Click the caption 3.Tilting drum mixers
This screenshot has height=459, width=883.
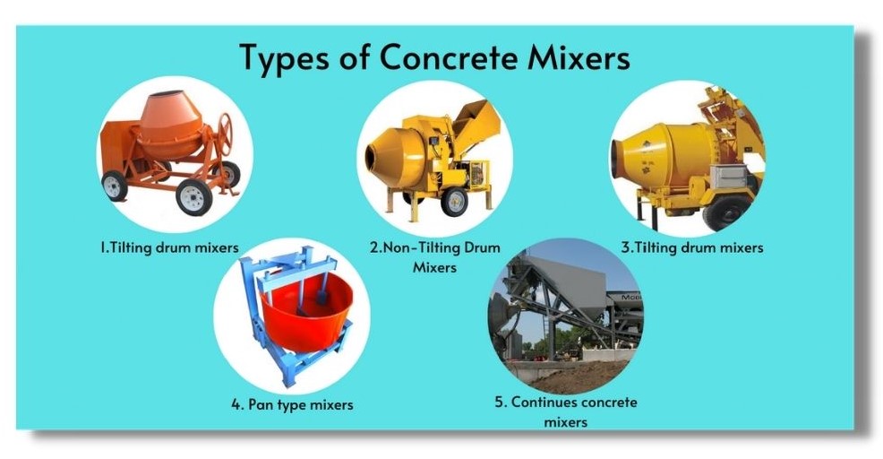pyautogui.click(x=691, y=247)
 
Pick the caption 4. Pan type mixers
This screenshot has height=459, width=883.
pyautogui.click(x=292, y=404)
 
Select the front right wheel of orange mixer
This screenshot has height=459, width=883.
pyautogui.click(x=193, y=196)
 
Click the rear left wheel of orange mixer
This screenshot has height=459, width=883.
pyautogui.click(x=114, y=185)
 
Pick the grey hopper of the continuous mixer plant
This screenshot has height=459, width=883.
pyautogui.click(x=564, y=283)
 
